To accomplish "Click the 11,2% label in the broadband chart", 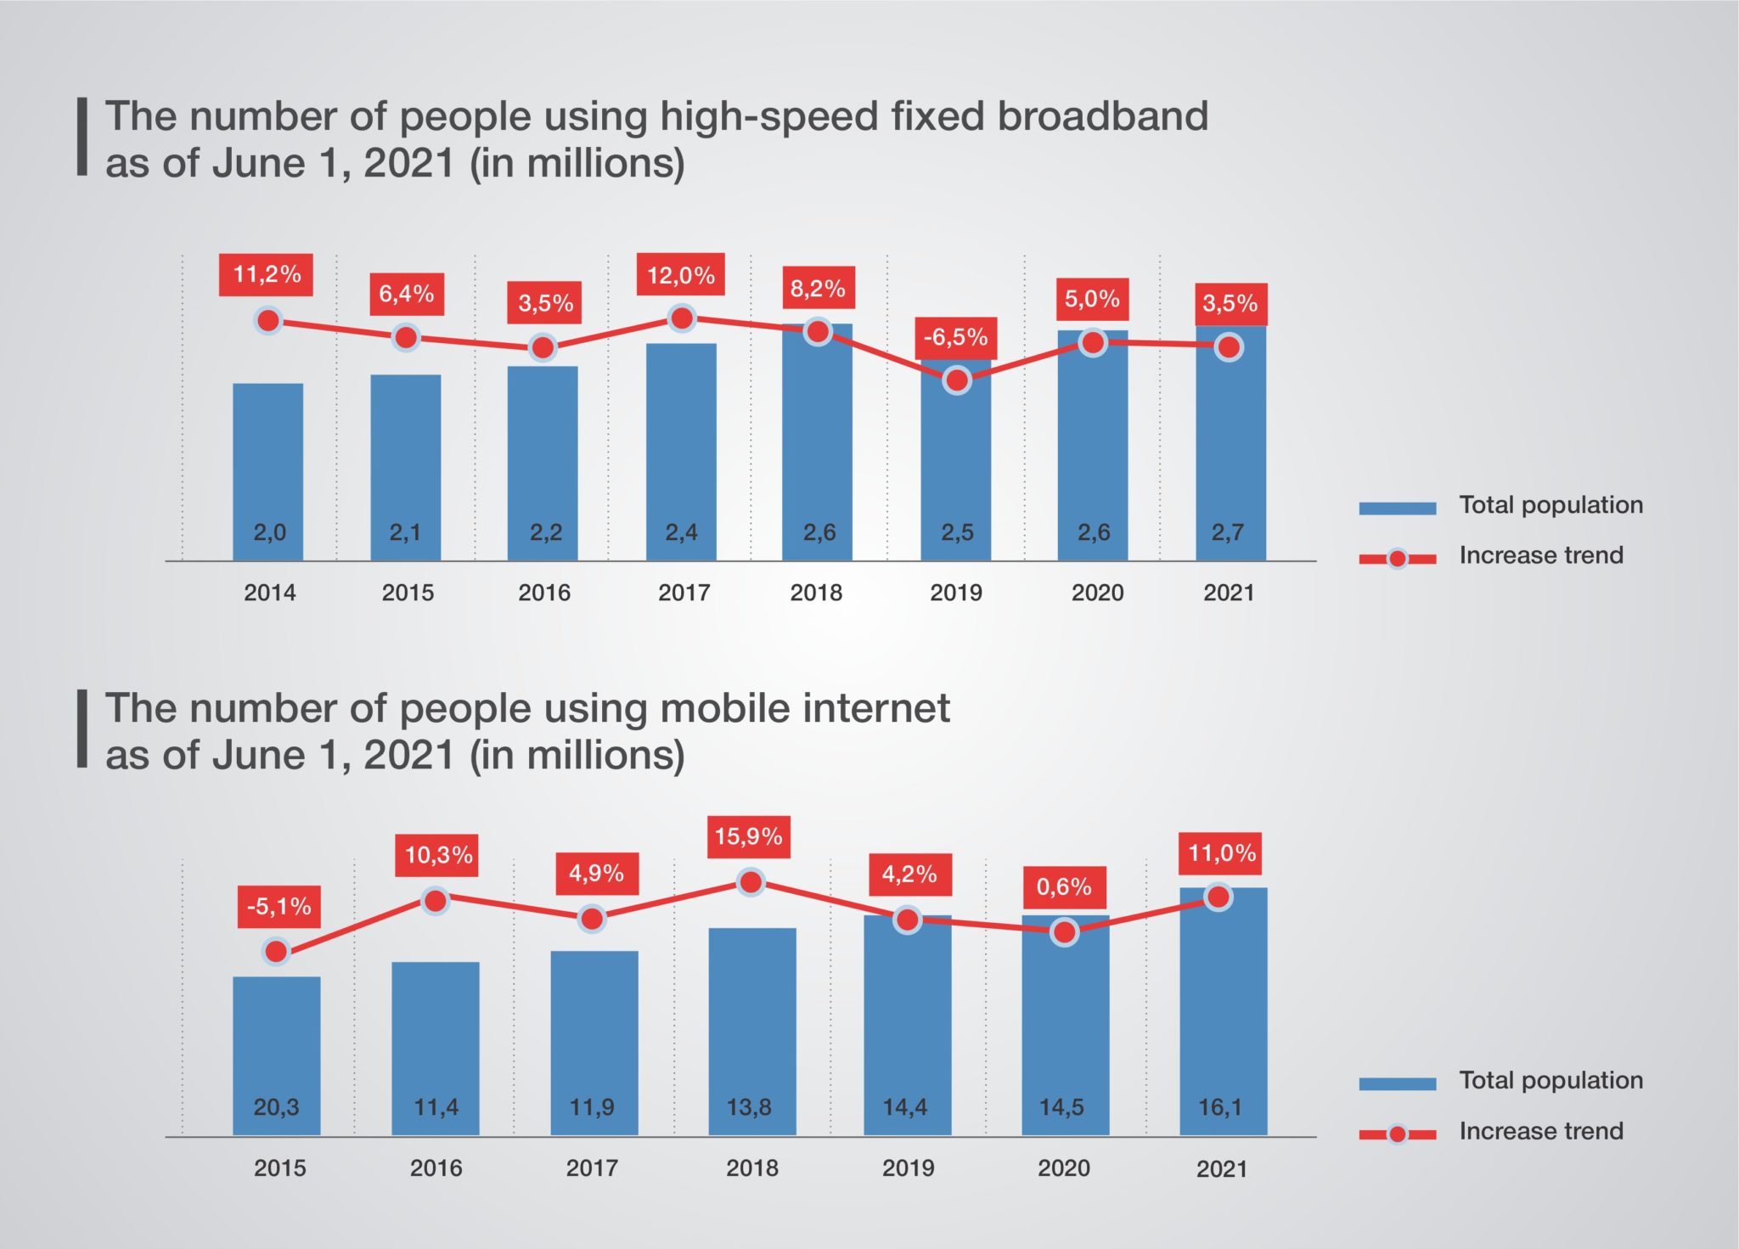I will point(266,274).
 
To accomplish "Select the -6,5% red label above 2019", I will point(955,337).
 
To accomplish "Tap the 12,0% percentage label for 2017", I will point(680,274).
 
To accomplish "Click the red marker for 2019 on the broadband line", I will point(957,380).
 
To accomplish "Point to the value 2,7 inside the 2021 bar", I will point(1228,532).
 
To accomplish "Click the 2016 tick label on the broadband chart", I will point(544,593).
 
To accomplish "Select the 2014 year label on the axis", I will point(269,593).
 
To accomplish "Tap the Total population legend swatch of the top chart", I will point(1397,508).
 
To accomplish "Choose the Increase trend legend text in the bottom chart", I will point(1540,1131).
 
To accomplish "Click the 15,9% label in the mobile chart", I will point(748,836).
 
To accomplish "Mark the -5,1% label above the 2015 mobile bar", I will point(279,906).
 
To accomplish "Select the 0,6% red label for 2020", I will point(1064,886).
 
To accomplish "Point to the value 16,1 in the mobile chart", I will point(1220,1107).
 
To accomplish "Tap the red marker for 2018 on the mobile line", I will point(751,883).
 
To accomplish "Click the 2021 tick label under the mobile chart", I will point(1221,1169).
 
